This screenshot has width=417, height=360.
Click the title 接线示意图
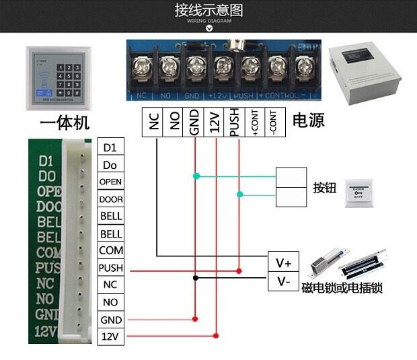(x=208, y=10)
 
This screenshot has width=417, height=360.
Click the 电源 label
(x=308, y=121)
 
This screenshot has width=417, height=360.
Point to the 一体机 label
(x=65, y=124)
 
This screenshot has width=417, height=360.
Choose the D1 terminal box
(x=111, y=147)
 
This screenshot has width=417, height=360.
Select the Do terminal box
(x=111, y=164)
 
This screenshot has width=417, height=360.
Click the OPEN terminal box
(x=111, y=182)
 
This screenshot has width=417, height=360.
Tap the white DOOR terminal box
(x=111, y=199)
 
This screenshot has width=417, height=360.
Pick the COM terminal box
(x=111, y=250)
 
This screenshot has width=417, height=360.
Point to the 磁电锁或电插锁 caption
(x=342, y=288)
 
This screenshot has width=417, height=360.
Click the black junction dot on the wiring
(x=195, y=277)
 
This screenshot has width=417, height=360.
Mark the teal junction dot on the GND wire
(x=196, y=176)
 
